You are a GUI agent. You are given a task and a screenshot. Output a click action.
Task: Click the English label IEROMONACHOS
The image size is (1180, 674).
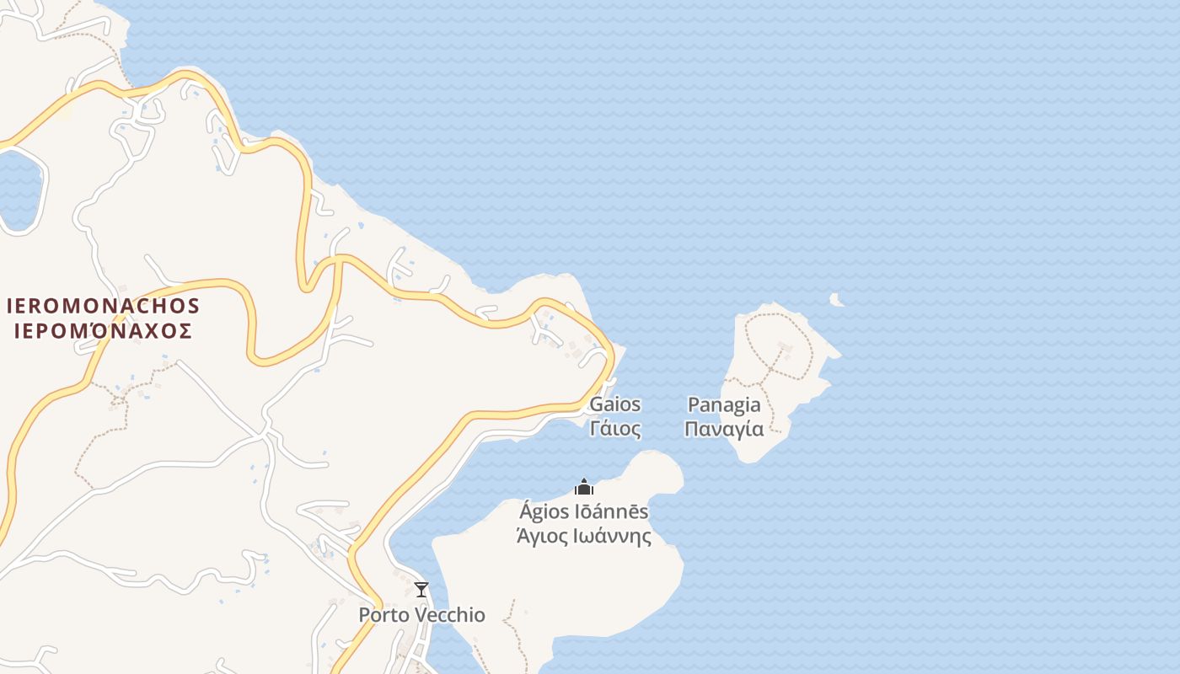coord(103,306)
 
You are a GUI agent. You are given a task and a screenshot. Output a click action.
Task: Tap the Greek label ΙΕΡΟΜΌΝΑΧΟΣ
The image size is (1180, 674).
coord(103,330)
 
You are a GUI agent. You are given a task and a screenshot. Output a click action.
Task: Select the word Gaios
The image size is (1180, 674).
coord(614,404)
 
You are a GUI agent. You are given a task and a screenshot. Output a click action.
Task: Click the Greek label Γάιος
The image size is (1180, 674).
coord(614,428)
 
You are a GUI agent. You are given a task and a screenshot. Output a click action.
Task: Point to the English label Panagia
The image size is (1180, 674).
coord(724,404)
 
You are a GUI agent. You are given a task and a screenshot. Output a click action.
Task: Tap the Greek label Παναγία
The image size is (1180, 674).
coord(724,429)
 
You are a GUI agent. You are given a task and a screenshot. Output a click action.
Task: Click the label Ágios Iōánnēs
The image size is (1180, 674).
coord(584,511)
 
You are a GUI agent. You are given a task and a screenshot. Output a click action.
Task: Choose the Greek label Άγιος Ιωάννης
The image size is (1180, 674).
coord(584,536)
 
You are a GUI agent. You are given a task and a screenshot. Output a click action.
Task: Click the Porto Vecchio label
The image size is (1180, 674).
coord(421,615)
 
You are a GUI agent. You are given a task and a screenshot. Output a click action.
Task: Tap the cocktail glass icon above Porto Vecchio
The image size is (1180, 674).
coord(421,590)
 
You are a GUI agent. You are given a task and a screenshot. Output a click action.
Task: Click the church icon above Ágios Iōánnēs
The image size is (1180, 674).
coord(584,487)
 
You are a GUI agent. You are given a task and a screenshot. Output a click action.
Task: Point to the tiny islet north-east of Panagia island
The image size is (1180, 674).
coord(835,299)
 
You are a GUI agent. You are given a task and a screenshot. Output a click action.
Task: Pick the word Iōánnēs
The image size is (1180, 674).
coord(610,511)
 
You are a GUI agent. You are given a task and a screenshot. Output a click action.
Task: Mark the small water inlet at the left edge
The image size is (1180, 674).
coord(19,190)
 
